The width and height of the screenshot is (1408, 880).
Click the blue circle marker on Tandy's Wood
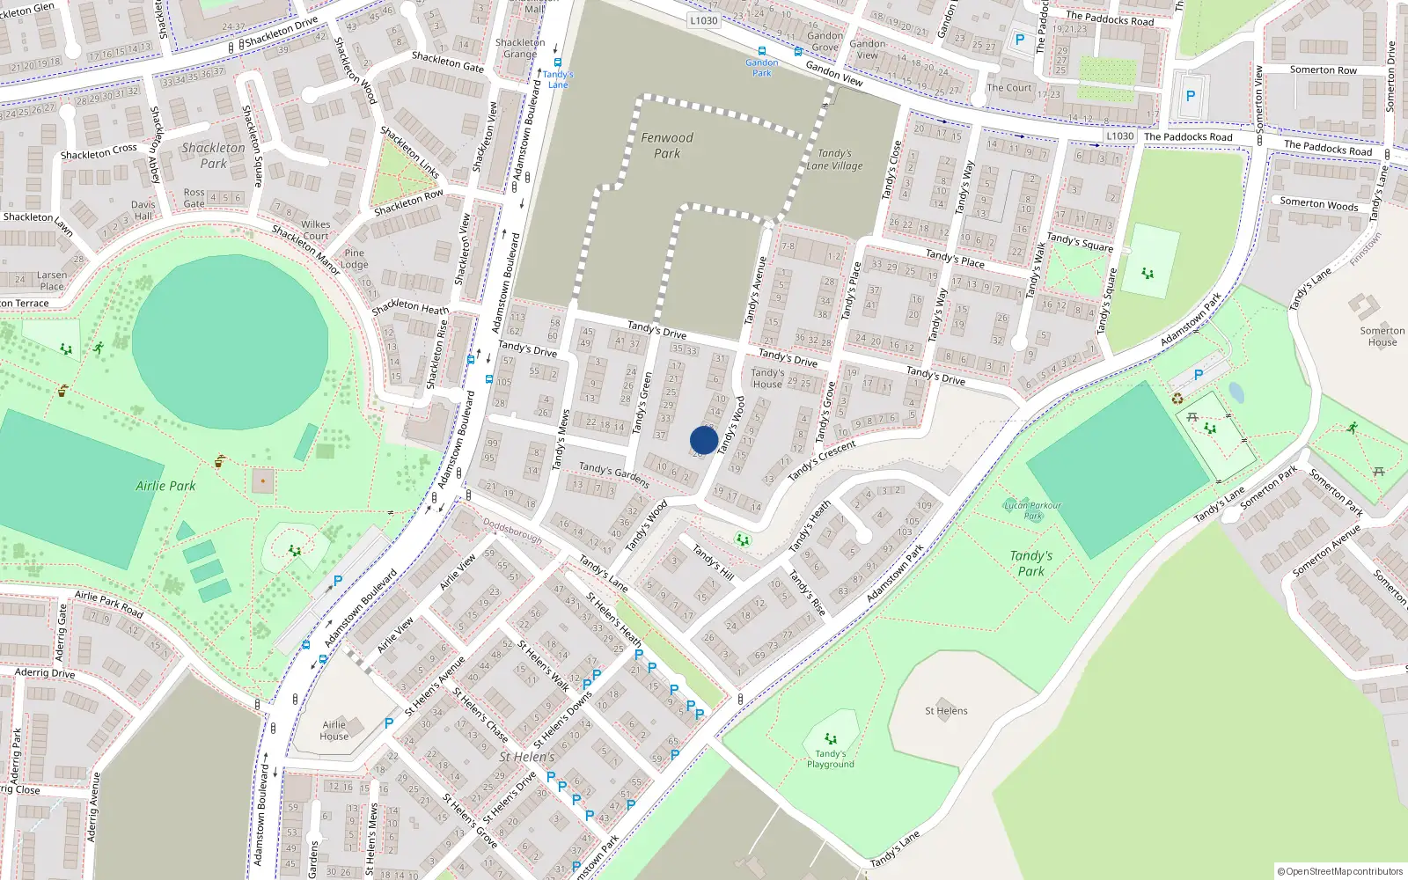(x=704, y=440)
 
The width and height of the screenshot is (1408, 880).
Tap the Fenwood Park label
(x=666, y=145)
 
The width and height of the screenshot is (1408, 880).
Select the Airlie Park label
(x=165, y=486)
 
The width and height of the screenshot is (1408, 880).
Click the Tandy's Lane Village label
(x=834, y=159)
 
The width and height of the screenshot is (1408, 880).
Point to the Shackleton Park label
(x=213, y=156)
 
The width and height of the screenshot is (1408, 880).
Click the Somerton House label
(x=1382, y=336)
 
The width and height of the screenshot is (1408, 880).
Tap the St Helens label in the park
(x=946, y=711)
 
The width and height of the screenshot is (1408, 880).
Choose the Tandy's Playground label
(x=830, y=759)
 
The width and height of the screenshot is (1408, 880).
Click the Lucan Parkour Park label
(x=1032, y=510)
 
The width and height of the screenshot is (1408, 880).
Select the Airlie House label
(x=334, y=730)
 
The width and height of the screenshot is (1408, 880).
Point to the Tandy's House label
(x=767, y=378)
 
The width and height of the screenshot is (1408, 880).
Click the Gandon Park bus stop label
(x=762, y=68)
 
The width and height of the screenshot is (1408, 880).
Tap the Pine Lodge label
(x=355, y=259)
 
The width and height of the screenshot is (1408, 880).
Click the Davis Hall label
(x=143, y=210)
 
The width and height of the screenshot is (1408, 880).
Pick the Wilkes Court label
(x=315, y=230)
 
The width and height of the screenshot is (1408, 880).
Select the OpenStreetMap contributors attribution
(x=1340, y=871)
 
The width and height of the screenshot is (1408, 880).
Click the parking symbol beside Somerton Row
(x=1191, y=96)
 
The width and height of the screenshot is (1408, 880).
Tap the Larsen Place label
(x=52, y=281)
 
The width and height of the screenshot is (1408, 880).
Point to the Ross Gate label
(x=194, y=198)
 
